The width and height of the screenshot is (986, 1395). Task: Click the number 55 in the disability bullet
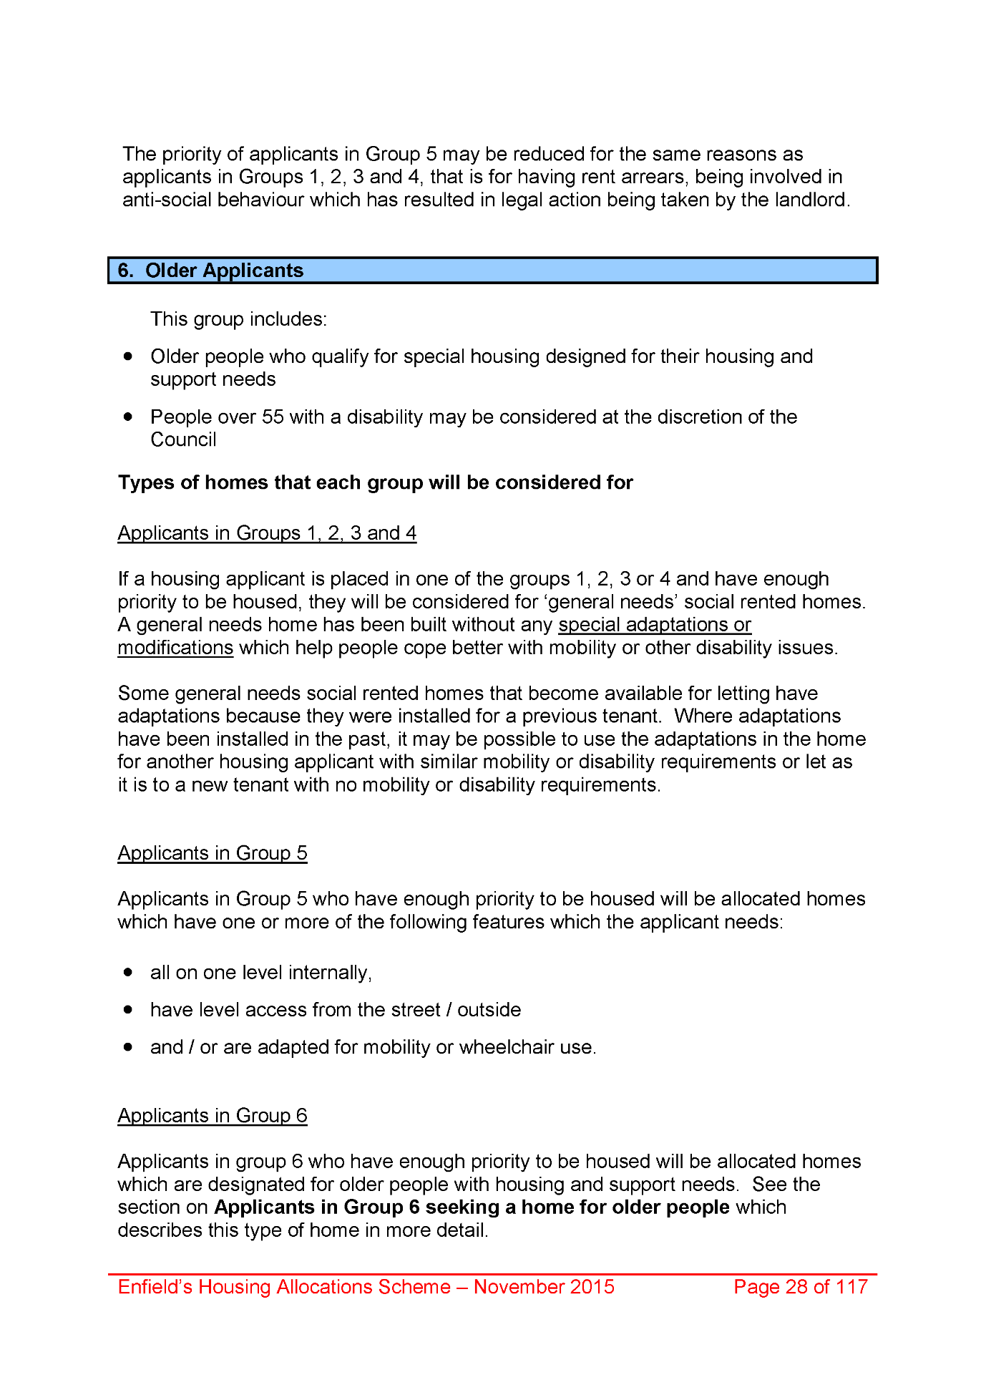tap(273, 417)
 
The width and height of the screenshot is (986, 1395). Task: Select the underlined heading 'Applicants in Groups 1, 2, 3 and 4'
tap(267, 533)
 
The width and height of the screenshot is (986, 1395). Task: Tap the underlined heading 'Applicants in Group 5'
tap(213, 853)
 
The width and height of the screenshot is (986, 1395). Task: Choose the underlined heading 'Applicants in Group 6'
tap(213, 1116)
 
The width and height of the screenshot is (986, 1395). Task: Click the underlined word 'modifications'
tap(175, 648)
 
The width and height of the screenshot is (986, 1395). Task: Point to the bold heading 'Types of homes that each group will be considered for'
tap(376, 483)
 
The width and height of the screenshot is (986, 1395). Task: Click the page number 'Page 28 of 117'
tap(801, 1287)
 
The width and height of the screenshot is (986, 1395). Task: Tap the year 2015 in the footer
tap(591, 1287)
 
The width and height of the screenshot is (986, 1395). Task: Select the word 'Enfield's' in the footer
tap(155, 1287)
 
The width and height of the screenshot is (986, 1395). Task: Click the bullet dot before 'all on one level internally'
tap(128, 972)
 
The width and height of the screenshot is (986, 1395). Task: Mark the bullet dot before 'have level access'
tap(128, 1009)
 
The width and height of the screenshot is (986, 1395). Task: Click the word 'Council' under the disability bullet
tap(183, 439)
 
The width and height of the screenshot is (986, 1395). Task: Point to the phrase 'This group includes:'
tap(238, 319)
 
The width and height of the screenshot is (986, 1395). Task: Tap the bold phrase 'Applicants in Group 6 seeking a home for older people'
tap(472, 1207)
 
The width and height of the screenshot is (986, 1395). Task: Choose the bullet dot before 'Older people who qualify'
tap(128, 356)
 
